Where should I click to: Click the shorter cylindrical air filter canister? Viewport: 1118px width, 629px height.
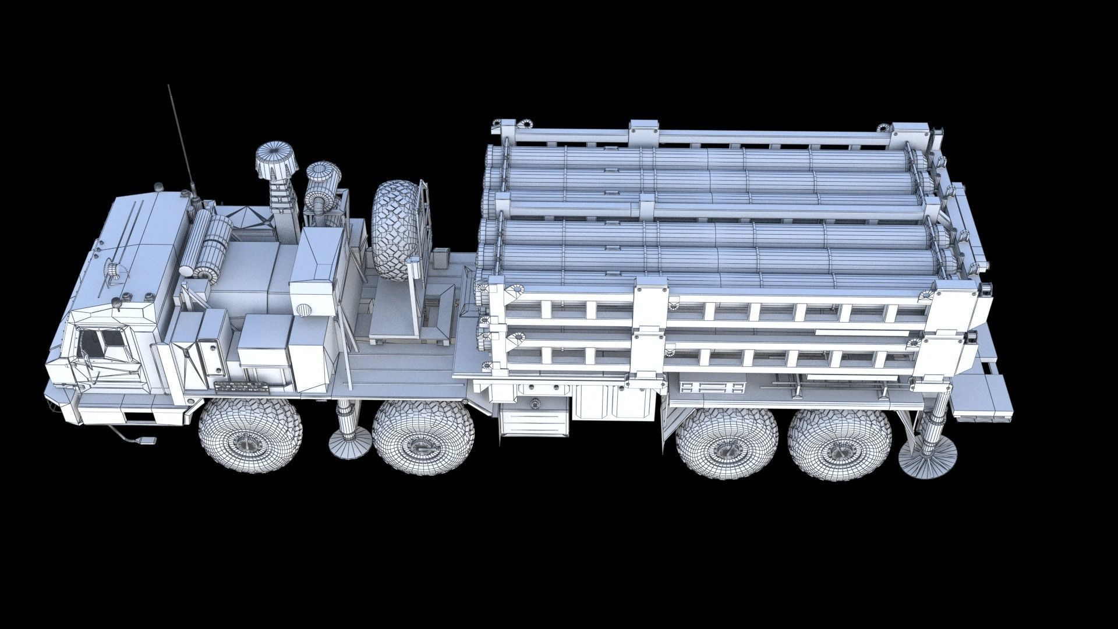(323, 178)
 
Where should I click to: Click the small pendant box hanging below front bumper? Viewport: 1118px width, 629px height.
(147, 442)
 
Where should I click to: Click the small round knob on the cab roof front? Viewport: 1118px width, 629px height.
(118, 303)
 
